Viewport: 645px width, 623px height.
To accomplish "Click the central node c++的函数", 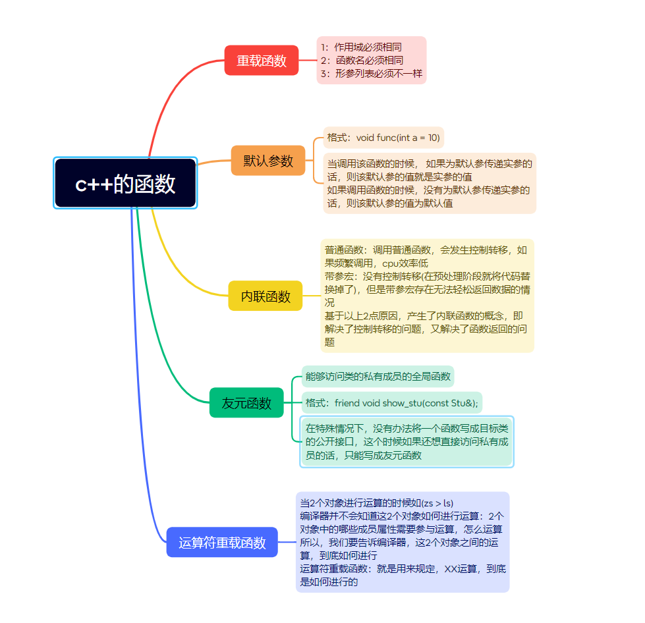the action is click(125, 184).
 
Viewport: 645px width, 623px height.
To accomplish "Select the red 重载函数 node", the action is click(262, 61).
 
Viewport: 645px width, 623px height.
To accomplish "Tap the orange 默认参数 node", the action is click(268, 161).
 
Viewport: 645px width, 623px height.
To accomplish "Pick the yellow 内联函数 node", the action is click(266, 296).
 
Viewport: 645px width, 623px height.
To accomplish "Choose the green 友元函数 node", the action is click(246, 403).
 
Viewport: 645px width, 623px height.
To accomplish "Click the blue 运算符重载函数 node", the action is click(222, 543).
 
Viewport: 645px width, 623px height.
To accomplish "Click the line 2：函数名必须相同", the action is click(362, 61).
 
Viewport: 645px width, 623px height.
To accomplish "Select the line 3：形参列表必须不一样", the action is click(372, 74).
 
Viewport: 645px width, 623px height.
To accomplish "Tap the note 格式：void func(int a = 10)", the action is click(383, 138).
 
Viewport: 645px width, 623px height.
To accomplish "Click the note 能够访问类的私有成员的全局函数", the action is click(378, 377).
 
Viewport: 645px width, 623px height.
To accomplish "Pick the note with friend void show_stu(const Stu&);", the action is click(392, 402).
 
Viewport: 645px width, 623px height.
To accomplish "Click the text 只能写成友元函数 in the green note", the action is click(383, 455).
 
